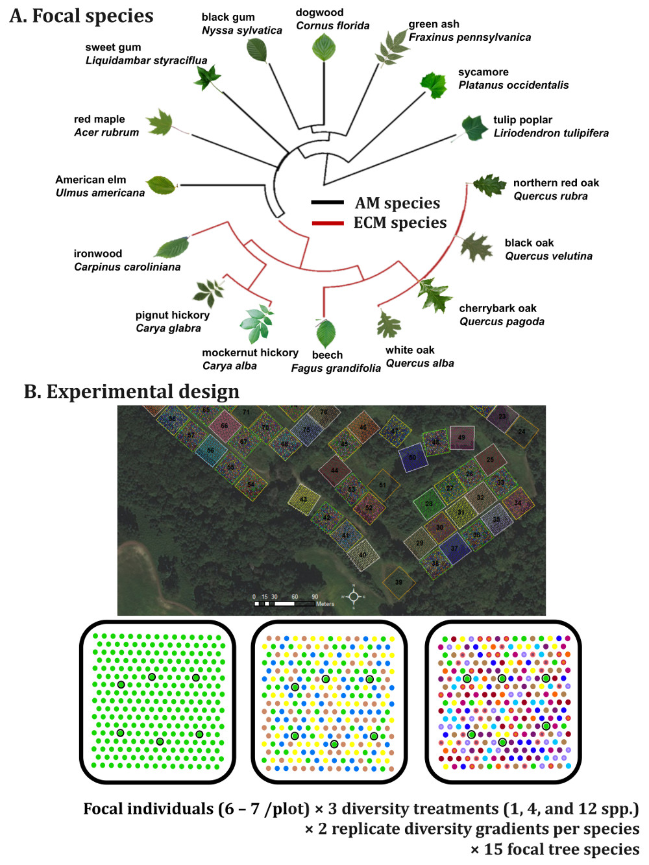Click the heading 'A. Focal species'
pos(82,16)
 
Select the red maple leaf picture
pos(160,123)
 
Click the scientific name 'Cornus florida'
pos(332,26)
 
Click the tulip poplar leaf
pos(474,128)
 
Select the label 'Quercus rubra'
pos(550,196)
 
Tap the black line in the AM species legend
pos(328,202)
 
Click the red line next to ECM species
pos(328,223)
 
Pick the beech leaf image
pos(326,333)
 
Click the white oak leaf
pos(389,324)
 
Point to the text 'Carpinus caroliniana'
pos(127,267)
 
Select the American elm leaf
pos(160,186)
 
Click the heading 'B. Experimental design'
pos(132,392)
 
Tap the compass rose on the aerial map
pos(354,596)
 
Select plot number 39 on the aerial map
pos(398,582)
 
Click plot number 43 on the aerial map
pos(303,500)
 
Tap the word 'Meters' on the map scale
pos(325,604)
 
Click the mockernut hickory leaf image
pos(256,323)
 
